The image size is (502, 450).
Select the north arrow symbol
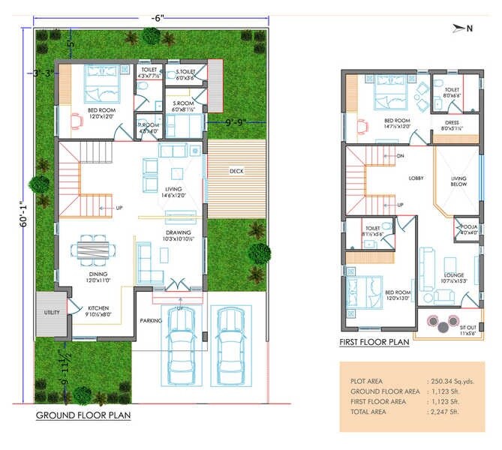click(x=461, y=28)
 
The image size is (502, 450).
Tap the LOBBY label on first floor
click(x=416, y=178)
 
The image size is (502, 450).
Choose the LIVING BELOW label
click(x=458, y=182)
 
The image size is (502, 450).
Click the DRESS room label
click(x=452, y=123)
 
